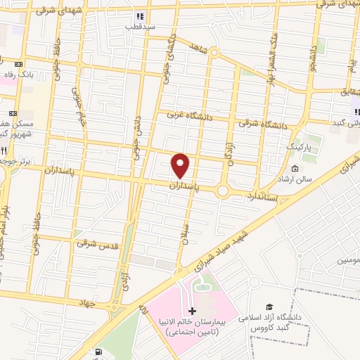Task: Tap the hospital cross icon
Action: (193, 310)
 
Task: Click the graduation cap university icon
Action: (269, 307)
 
